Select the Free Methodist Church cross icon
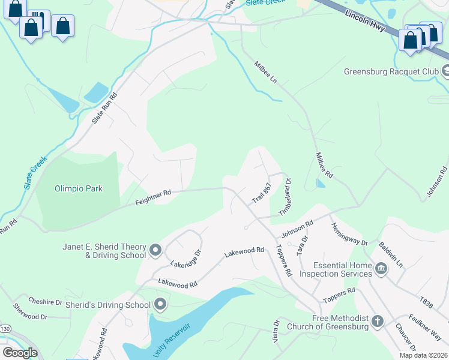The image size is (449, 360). pos(377,321)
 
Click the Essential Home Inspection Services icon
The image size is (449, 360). pos(381,268)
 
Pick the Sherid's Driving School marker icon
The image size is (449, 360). pos(160,305)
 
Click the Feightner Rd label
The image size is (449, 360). pos(153,196)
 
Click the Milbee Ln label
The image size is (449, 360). pos(265,71)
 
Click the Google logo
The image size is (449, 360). pos(20,352)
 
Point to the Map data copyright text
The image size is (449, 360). pos(423,355)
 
